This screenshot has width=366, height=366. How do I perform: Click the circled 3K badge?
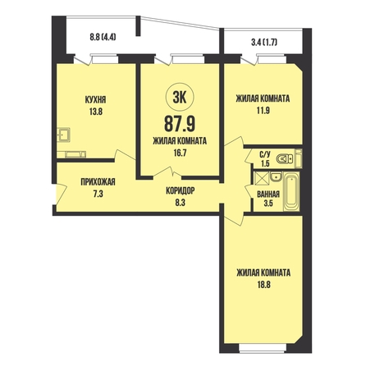pyautogui.click(x=180, y=98)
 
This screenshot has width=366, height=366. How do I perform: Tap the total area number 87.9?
pyautogui.click(x=180, y=123)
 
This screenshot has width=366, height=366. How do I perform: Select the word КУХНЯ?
pyautogui.click(x=95, y=100)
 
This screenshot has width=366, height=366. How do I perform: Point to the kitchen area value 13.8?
pyautogui.click(x=95, y=112)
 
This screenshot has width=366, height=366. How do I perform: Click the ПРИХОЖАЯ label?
pyautogui.click(x=98, y=182)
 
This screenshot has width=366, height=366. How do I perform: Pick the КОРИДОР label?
pyautogui.click(x=181, y=190)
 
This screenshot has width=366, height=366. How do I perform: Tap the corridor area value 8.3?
pyautogui.click(x=181, y=203)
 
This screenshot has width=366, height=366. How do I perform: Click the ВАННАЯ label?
pyautogui.click(x=268, y=194)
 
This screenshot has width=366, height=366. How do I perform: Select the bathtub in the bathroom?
pyautogui.click(x=291, y=191)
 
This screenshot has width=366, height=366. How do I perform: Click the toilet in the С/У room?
pyautogui.click(x=285, y=158)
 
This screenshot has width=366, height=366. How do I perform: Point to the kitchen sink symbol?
pyautogui.click(x=64, y=135)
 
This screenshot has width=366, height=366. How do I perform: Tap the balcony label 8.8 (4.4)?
pyautogui.click(x=103, y=37)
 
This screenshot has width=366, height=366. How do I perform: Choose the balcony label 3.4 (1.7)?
pyautogui.click(x=264, y=43)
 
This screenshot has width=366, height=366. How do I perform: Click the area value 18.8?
pyautogui.click(x=263, y=285)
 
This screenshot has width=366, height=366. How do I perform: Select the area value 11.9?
pyautogui.click(x=263, y=111)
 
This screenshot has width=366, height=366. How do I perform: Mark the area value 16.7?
pyautogui.click(x=180, y=153)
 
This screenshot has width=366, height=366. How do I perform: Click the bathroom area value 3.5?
pyautogui.click(x=268, y=204)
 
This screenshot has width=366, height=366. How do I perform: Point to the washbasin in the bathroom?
pyautogui.click(x=276, y=176)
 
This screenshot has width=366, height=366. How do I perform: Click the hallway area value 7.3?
pyautogui.click(x=98, y=194)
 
